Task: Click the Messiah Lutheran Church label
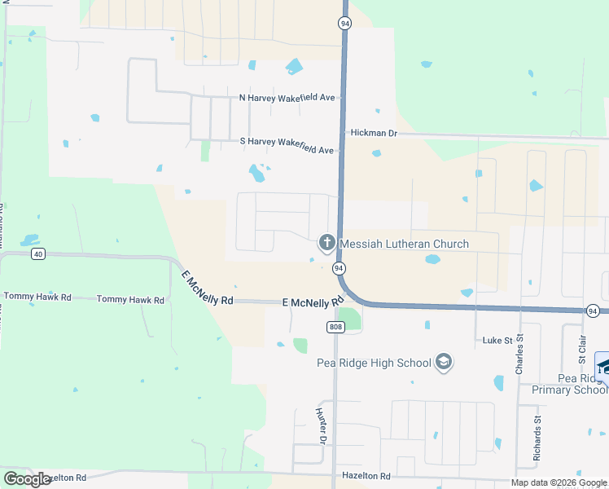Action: click(404, 244)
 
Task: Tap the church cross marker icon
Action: click(326, 242)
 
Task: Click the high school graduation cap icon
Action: click(444, 361)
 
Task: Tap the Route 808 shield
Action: click(335, 327)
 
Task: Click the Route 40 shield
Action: click(37, 254)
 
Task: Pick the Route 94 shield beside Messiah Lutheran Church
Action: click(340, 268)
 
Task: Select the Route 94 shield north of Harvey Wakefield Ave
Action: click(345, 24)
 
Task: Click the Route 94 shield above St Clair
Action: click(593, 311)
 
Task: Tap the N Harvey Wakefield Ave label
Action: click(287, 98)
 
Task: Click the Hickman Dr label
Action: click(373, 132)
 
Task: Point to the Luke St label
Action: click(496, 340)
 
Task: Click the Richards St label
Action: click(537, 441)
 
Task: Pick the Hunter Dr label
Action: click(321, 426)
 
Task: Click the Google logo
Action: click(27, 479)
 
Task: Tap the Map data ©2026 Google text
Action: click(559, 482)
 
